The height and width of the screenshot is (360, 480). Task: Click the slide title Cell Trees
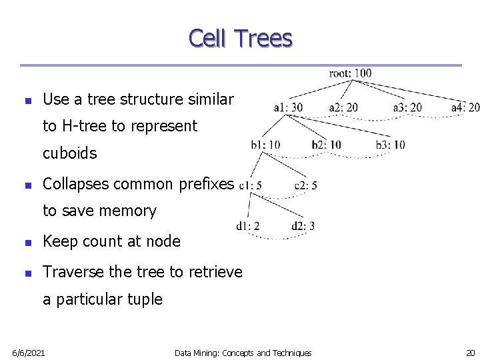[240, 38]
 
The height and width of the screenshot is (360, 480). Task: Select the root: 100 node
[350, 73]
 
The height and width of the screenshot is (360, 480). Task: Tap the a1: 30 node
[288, 107]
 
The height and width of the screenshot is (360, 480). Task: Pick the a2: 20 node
[343, 107]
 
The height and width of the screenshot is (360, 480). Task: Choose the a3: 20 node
[407, 107]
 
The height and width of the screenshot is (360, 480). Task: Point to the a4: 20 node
[465, 107]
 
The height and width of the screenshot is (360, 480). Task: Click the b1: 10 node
[265, 145]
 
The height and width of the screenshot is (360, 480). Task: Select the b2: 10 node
[326, 145]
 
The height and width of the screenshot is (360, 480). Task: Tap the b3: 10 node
[391, 145]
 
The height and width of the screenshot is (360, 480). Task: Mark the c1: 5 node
[250, 185]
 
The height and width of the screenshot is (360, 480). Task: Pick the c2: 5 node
[305, 185]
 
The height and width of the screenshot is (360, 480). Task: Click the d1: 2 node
[247, 226]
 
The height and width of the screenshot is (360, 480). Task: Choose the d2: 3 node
[303, 226]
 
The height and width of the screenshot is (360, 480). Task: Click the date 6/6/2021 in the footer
[29, 352]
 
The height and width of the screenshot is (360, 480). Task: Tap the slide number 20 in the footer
[469, 352]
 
